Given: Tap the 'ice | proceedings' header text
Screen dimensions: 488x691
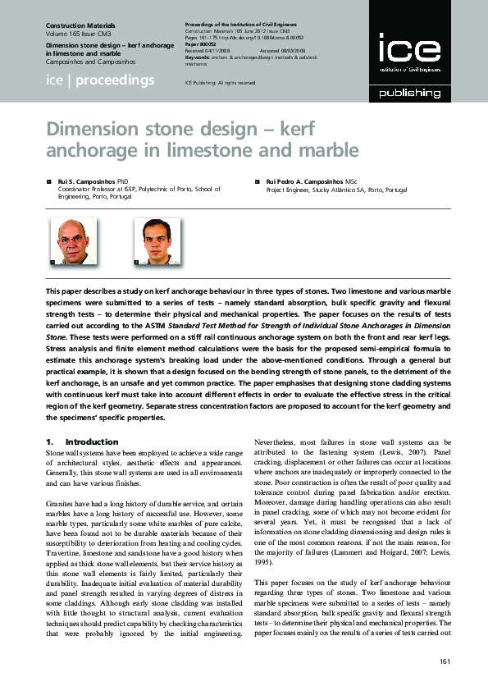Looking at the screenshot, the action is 99,80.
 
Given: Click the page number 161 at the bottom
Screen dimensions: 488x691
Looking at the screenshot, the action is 445,661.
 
